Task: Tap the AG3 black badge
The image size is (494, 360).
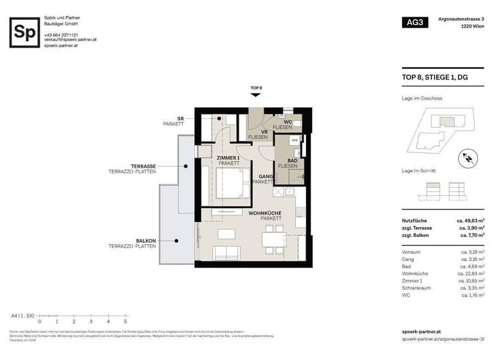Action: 415,23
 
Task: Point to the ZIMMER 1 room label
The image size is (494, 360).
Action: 228,158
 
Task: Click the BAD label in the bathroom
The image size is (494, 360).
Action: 291,161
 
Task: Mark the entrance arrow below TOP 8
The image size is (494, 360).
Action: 256,94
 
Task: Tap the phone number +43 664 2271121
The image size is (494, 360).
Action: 62,34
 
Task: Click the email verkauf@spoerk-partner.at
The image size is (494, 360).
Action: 70,40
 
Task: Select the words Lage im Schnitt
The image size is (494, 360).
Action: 418,170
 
